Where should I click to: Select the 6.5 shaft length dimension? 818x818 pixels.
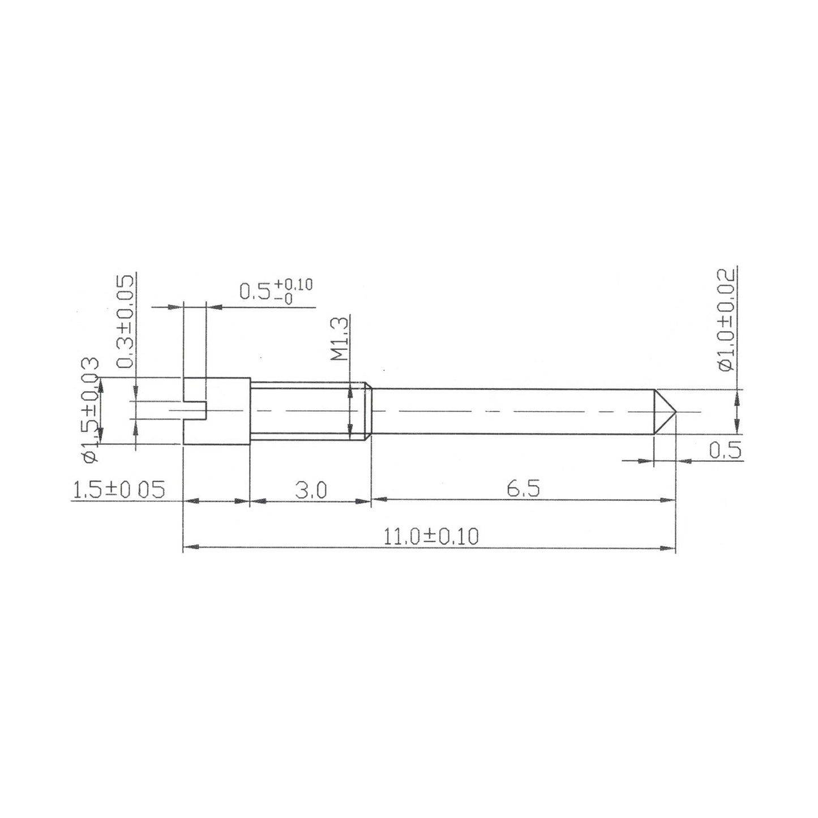coord(523,489)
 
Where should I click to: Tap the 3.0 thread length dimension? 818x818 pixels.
coord(310,490)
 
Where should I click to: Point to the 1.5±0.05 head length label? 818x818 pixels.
coord(119,490)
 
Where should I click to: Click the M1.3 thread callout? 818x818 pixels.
coord(339,338)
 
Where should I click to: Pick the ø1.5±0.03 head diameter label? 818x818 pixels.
coord(90,410)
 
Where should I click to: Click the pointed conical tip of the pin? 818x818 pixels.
coord(666,411)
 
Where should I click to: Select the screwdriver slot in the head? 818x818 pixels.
coord(195,410)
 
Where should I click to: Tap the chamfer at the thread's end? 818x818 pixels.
coord(368,410)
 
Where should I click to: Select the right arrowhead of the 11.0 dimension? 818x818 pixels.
coord(670,547)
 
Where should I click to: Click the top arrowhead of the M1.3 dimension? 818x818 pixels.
coord(351,389)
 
